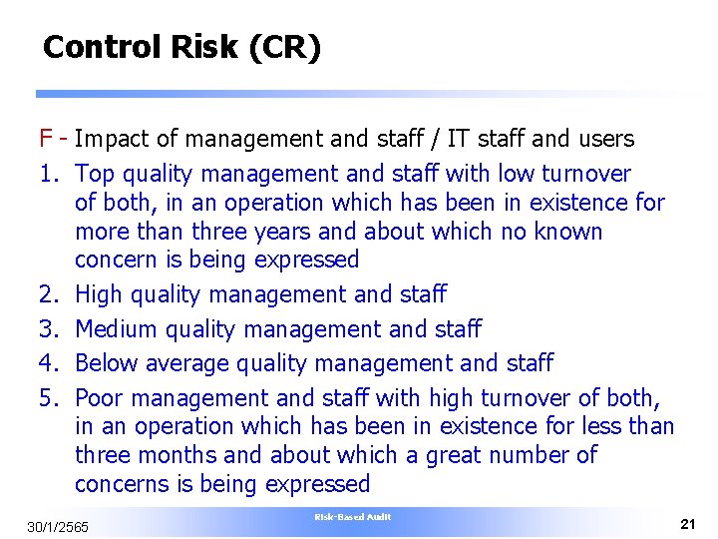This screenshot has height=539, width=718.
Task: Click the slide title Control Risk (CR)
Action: [x=181, y=47]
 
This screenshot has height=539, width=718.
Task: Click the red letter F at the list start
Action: [x=46, y=139]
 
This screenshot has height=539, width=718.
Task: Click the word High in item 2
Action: [x=98, y=294]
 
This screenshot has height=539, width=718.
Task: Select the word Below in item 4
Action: [x=106, y=363]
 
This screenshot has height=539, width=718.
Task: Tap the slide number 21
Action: [x=687, y=524]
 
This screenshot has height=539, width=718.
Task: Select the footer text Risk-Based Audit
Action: [x=352, y=517]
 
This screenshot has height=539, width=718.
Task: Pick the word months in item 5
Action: [x=172, y=455]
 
